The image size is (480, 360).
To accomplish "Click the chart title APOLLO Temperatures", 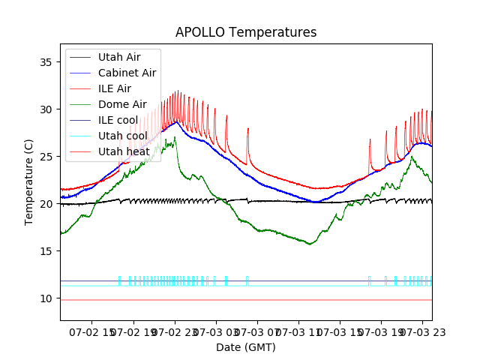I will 246,33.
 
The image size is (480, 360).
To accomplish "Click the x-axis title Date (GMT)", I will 246,347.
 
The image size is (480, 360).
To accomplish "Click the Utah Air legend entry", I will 118,57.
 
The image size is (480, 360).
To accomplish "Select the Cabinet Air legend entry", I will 127,73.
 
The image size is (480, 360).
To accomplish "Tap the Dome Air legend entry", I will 122,104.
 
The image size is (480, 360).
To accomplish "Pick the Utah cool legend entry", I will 122,136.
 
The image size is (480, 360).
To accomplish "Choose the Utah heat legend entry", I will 124,151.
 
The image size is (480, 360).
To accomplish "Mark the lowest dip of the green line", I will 309,244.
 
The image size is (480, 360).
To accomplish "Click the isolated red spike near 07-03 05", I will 248,129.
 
